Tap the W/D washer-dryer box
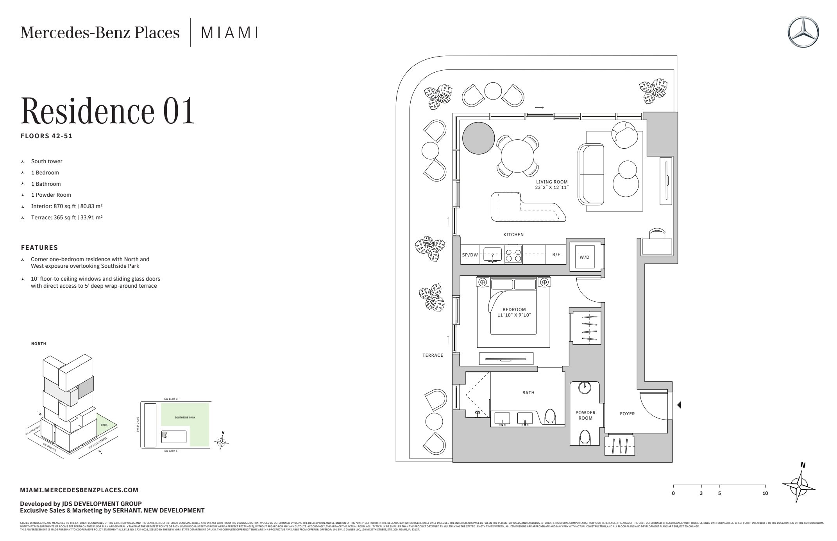[x=584, y=257]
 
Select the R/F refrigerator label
[x=556, y=255]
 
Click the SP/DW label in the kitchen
[x=470, y=255]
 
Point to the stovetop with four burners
[x=513, y=254]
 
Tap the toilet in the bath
[x=550, y=416]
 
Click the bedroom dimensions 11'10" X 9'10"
[x=514, y=315]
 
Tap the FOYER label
[x=627, y=414]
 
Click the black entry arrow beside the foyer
[x=679, y=405]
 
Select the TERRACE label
[x=433, y=355]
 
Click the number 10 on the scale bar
[x=765, y=493]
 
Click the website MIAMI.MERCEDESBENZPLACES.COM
[x=79, y=490]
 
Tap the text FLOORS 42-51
[x=46, y=136]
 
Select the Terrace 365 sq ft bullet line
[x=66, y=217]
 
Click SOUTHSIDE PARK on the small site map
[x=185, y=418]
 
